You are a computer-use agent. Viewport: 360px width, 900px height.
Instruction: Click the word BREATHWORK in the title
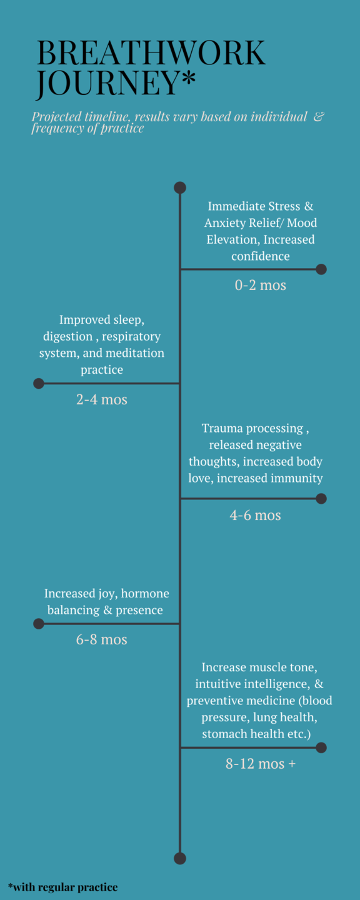151,52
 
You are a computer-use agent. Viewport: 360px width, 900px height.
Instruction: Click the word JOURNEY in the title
107,83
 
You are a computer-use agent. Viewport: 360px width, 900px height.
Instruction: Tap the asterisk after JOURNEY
189,77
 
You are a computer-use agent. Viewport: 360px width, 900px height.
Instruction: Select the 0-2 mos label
261,285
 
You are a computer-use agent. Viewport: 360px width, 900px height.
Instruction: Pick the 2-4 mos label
102,399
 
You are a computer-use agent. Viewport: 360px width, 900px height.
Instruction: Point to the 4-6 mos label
255,515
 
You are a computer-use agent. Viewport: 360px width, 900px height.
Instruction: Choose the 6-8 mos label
102,639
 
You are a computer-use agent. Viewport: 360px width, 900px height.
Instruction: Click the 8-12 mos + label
261,763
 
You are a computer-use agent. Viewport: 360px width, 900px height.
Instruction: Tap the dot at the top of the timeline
180,187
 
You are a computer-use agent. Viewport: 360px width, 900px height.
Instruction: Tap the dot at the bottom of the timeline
180,859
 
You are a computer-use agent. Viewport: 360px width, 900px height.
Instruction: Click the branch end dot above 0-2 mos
321,269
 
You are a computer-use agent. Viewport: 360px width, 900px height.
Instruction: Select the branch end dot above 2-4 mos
39,383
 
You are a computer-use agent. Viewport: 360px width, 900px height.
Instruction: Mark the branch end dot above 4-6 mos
321,499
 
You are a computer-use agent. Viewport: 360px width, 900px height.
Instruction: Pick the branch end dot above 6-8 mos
39,624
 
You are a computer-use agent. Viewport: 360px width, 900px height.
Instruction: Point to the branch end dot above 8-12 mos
321,747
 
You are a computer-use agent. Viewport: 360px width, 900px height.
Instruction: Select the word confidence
261,256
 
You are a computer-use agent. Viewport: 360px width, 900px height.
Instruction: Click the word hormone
145,594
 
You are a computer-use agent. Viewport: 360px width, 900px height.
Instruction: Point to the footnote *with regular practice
62,887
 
